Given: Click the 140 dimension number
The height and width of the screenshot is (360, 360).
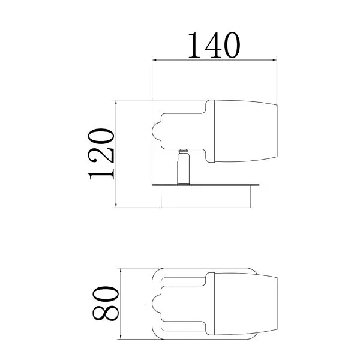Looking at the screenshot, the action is (x=214, y=45).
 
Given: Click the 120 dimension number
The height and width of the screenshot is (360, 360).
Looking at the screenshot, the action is (x=101, y=154).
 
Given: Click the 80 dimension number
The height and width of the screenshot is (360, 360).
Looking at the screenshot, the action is (x=106, y=303).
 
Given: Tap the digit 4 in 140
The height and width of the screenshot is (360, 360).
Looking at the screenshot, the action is (x=214, y=45).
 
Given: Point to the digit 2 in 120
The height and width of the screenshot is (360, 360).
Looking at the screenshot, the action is (x=101, y=154).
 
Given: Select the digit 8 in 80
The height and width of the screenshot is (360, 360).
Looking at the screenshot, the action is (x=106, y=313).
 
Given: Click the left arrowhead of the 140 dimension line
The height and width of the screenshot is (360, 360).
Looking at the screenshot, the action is (x=155, y=60).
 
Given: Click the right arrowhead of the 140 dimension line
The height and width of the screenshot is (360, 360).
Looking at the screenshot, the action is (x=274, y=60).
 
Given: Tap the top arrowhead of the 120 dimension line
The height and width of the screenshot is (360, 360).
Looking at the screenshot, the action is (x=116, y=103).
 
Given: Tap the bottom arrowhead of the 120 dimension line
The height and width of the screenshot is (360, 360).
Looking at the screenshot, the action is (x=116, y=205).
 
